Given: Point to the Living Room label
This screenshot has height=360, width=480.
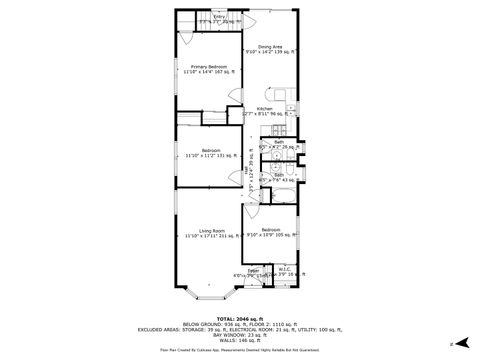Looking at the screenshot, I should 210,232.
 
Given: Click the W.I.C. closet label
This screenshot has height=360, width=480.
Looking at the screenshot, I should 283,269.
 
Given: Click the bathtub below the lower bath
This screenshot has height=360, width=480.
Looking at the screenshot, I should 281,192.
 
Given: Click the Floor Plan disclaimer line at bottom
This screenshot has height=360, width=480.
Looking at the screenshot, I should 239,350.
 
